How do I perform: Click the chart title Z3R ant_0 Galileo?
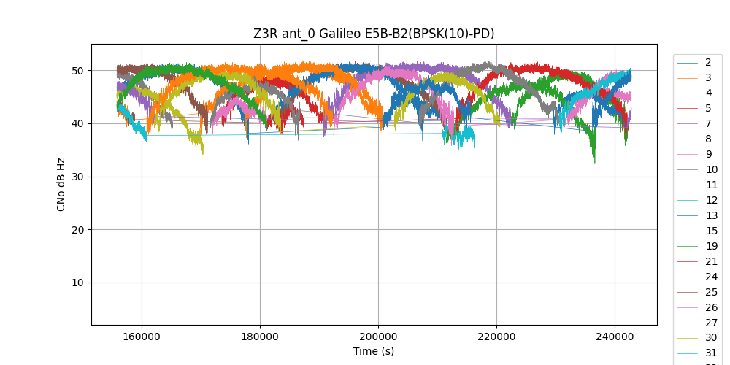(374, 34)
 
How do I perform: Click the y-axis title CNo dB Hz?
(61, 184)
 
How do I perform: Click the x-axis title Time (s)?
(374, 351)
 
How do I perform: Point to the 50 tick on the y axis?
(77, 71)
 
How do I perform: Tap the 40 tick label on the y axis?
(77, 123)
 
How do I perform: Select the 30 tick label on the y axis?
(77, 177)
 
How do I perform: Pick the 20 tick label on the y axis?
(77, 230)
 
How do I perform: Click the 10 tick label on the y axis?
(77, 283)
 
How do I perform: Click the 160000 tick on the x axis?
(142, 337)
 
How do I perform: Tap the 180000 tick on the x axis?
(260, 337)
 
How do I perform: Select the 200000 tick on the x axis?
(378, 337)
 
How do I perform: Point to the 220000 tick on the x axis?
(496, 337)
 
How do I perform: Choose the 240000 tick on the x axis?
(615, 337)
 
